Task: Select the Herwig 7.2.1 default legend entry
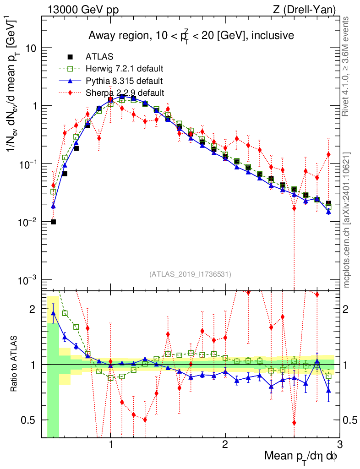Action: pos(124,69)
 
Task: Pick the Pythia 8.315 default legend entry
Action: pos(124,81)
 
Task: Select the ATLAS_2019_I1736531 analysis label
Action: pos(190,274)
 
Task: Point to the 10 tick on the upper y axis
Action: pos(30,49)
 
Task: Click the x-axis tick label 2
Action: pos(225,446)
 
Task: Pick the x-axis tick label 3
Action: pos(339,446)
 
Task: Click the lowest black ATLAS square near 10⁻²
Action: pos(54,222)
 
